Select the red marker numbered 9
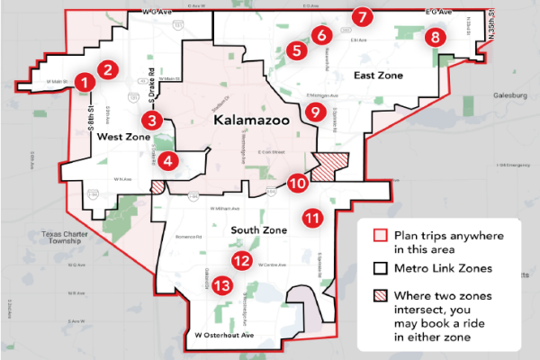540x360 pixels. [313, 112]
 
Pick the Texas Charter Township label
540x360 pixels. [68, 238]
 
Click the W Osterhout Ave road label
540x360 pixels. [226, 335]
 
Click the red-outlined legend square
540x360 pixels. [379, 237]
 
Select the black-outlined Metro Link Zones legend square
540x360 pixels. [379, 267]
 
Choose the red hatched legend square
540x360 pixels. [379, 296]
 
